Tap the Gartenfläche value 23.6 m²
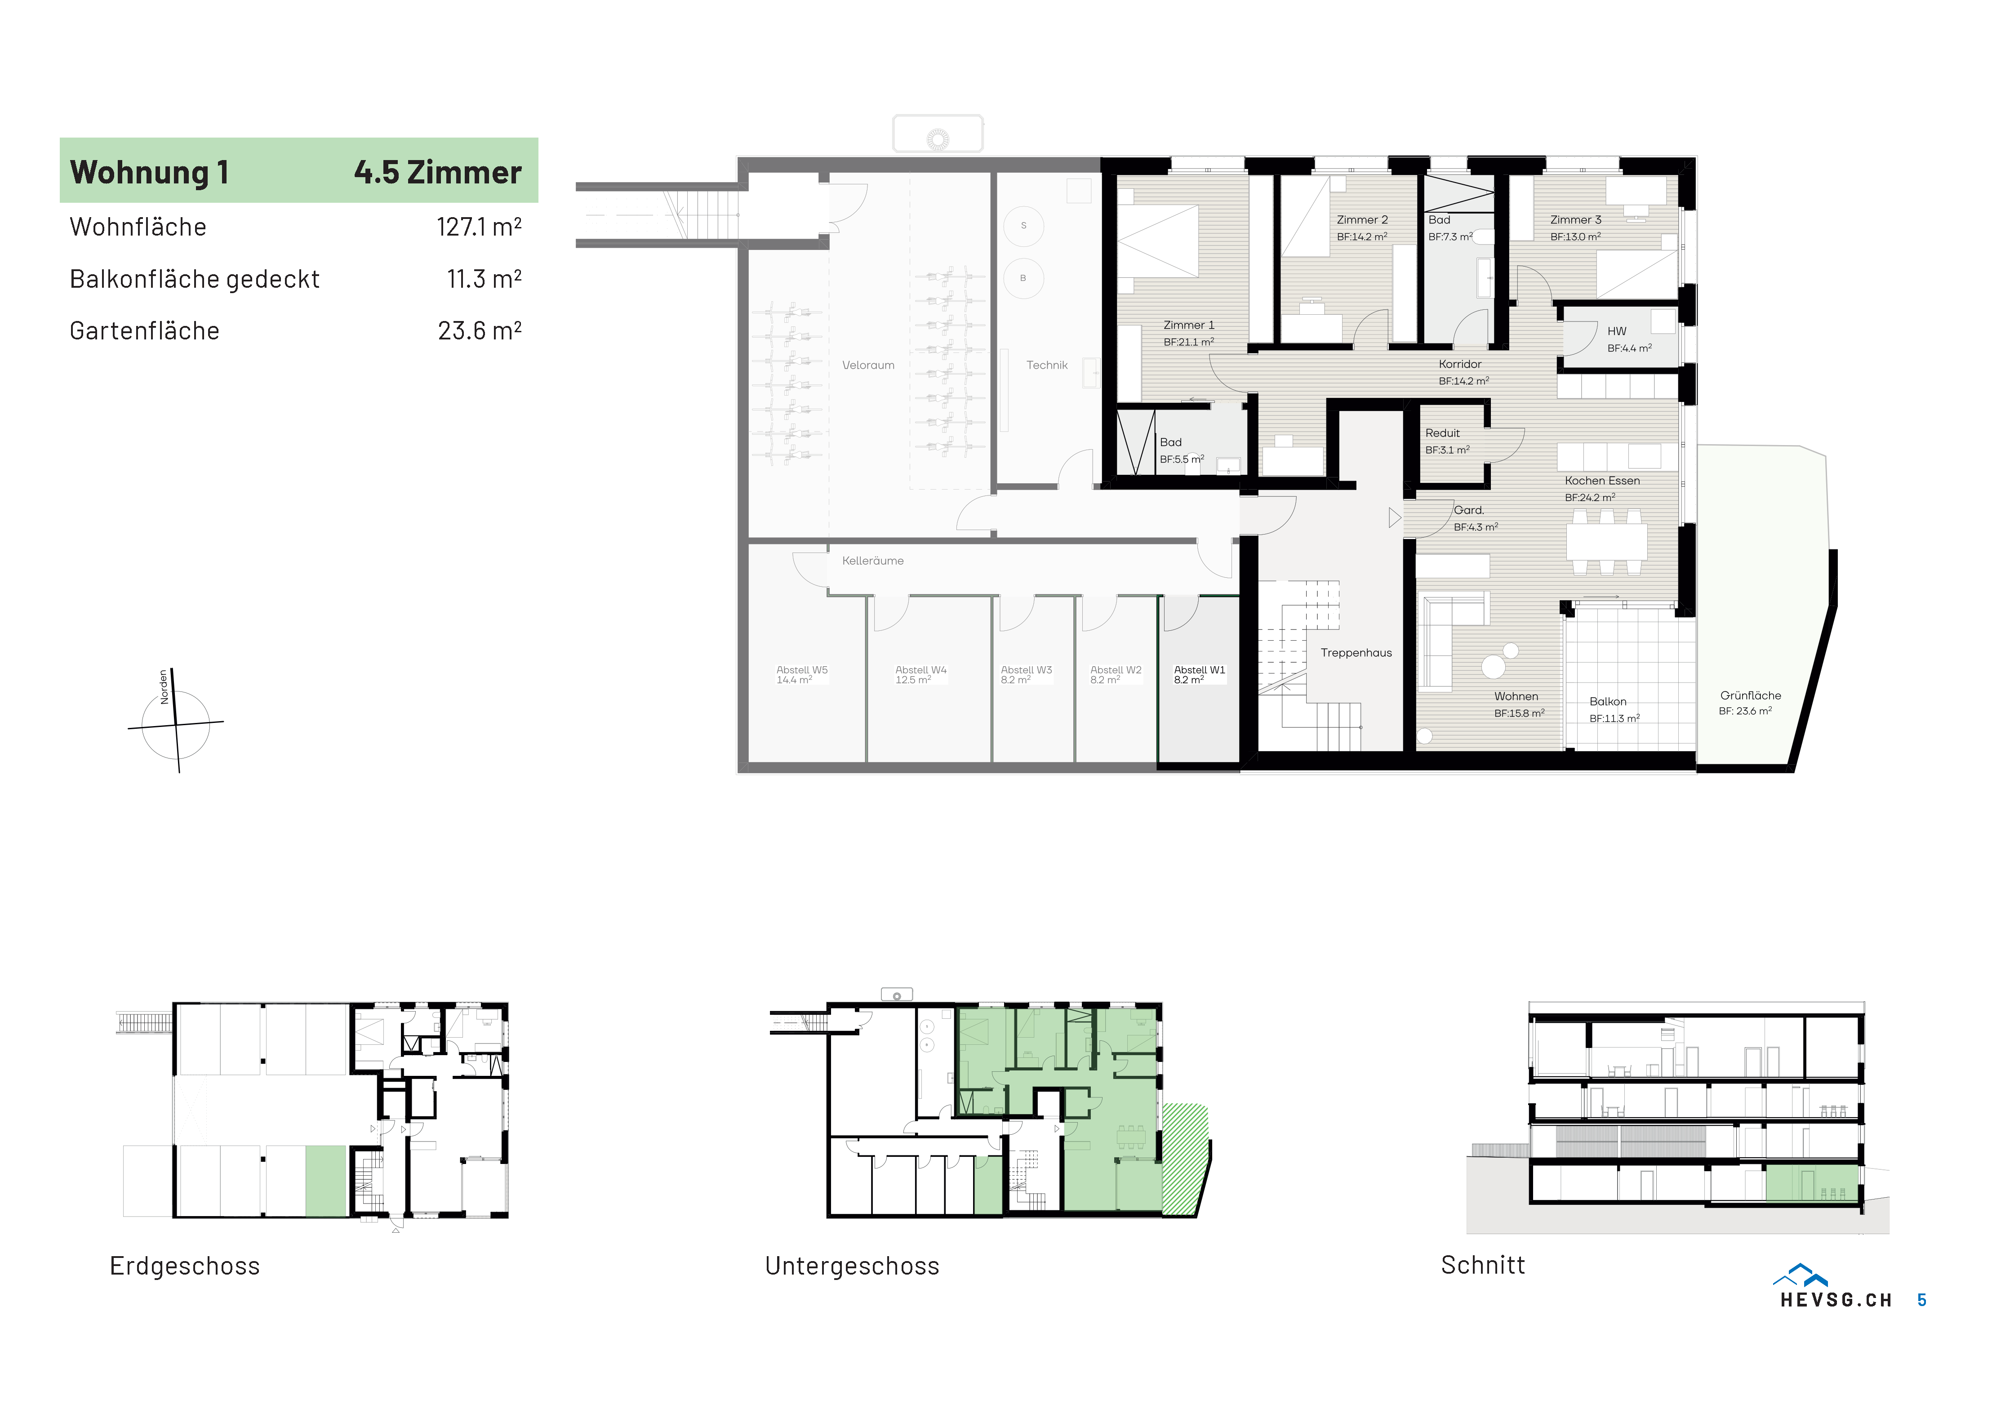pos(480,330)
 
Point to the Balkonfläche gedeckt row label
pos(194,279)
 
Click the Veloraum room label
pos(867,365)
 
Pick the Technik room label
pos(1047,365)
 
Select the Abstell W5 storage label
pos(802,670)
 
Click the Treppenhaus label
pos(1356,652)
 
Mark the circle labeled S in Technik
pos(1024,226)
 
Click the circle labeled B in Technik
pos(1024,278)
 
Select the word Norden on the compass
pos(163,686)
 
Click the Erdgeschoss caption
pos(185,1266)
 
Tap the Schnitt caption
pos(1483,1265)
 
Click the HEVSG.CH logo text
pos(1836,1300)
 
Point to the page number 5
pos(1922,1300)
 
